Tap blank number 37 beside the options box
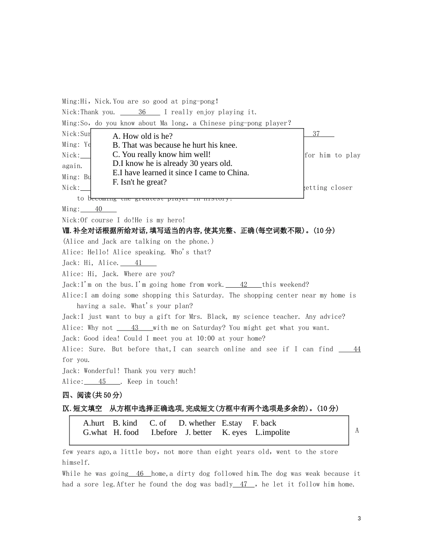tap(316, 134)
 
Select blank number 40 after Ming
tap(98, 209)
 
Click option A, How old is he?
tap(142, 136)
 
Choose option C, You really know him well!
tap(162, 154)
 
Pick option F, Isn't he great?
tap(140, 182)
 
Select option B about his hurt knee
tap(175, 145)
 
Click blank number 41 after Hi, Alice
tap(138, 263)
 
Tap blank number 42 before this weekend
tap(244, 285)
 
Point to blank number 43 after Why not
tap(134, 328)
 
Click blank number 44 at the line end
tap(357, 349)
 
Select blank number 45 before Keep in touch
tap(102, 382)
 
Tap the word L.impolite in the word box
tap(273, 432)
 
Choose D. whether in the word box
tap(197, 423)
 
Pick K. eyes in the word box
tap(234, 432)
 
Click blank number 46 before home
tap(140, 474)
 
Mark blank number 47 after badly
tap(244, 484)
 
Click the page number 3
tap(359, 519)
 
